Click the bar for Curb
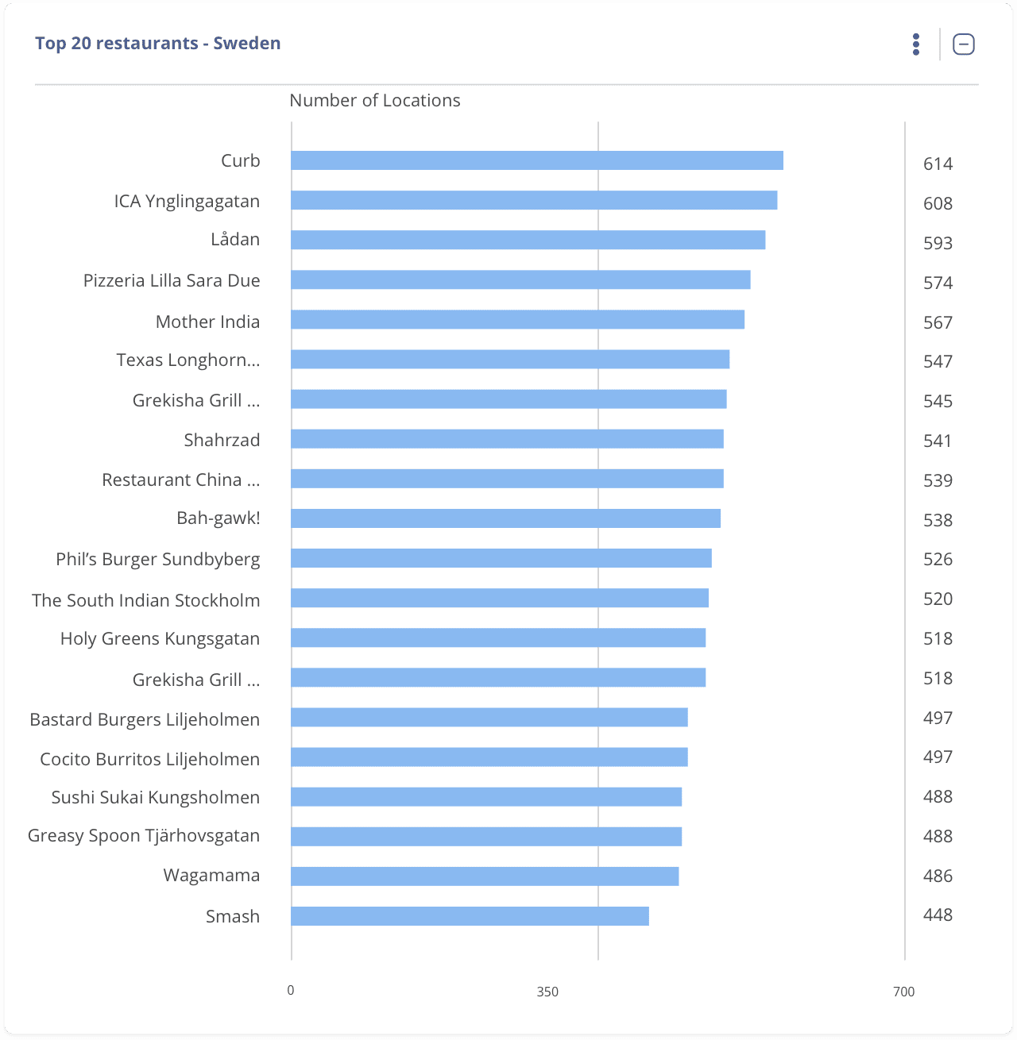(x=537, y=160)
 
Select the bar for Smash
(x=470, y=916)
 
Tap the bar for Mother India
(x=517, y=320)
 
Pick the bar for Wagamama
(x=485, y=876)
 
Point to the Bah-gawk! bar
(x=505, y=518)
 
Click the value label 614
(x=938, y=164)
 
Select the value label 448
(x=938, y=915)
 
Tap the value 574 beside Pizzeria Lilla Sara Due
(x=938, y=283)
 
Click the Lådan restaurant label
(x=235, y=240)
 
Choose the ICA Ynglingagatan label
(x=187, y=202)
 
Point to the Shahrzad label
(x=222, y=441)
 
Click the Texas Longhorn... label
(x=188, y=360)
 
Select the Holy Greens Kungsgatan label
(x=160, y=639)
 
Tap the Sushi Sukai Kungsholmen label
(x=156, y=798)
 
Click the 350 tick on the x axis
(x=547, y=992)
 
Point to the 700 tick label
(x=903, y=992)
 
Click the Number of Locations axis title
(x=374, y=101)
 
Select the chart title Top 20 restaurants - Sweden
(x=157, y=44)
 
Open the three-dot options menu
(x=916, y=44)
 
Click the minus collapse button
(x=963, y=44)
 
